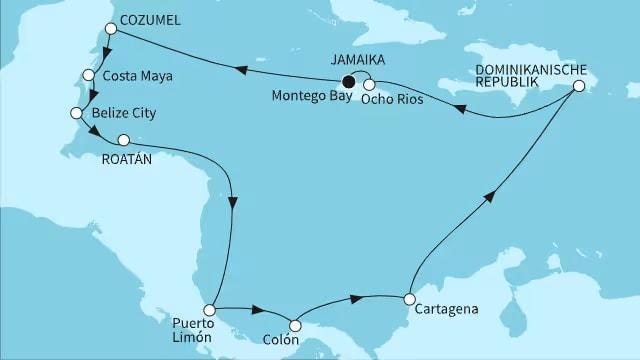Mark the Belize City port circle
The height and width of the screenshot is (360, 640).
pyautogui.click(x=74, y=114)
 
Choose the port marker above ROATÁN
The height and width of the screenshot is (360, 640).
pyautogui.click(x=124, y=140)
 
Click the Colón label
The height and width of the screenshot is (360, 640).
pyautogui.click(x=294, y=345)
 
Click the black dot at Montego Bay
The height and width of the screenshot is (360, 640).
pyautogui.click(x=348, y=82)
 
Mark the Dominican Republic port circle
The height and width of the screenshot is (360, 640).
pyautogui.click(x=578, y=88)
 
